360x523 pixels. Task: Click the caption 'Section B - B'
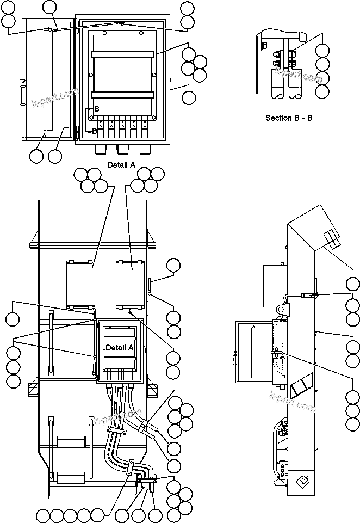[x=288, y=118]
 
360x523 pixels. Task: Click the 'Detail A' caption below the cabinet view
[x=121, y=165]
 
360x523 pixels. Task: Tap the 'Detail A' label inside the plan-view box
[x=119, y=348]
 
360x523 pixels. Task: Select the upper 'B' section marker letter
[x=96, y=109]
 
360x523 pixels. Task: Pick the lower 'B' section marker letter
[x=95, y=131]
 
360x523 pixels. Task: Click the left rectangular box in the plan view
[x=80, y=285]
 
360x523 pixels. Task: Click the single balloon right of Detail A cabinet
[x=188, y=98]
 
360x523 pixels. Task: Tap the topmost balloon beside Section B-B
[x=322, y=51]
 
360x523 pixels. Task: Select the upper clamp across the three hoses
[x=117, y=431]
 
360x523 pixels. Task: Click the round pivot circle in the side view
[x=282, y=309]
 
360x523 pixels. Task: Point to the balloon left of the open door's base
[x=36, y=156]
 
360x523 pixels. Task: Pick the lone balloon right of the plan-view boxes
[x=173, y=266]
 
